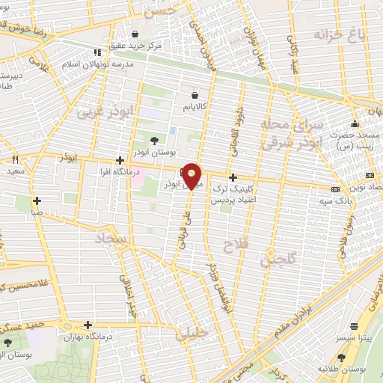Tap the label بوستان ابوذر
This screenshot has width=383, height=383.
tap(154, 152)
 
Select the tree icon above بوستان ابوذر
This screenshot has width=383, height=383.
tap(154, 140)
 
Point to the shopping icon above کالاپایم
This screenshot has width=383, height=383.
tap(195, 96)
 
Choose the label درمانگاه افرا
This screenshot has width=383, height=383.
tap(120, 172)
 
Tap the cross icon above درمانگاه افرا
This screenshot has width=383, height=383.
tap(120, 160)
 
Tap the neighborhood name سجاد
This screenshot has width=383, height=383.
tap(110, 239)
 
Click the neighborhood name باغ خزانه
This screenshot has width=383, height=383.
tap(332, 35)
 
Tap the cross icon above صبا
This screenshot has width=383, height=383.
tap(37, 200)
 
